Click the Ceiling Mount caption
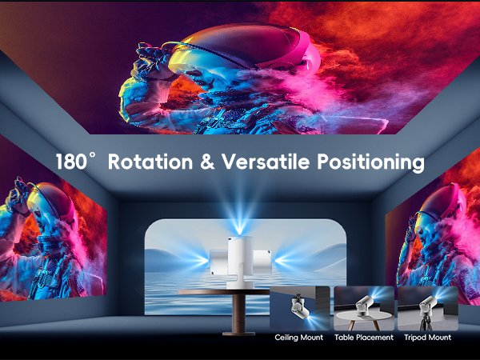(x=298, y=338)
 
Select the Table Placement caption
(x=364, y=338)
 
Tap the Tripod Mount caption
(x=428, y=338)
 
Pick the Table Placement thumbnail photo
(x=364, y=308)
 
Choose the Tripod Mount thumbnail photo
(x=429, y=308)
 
